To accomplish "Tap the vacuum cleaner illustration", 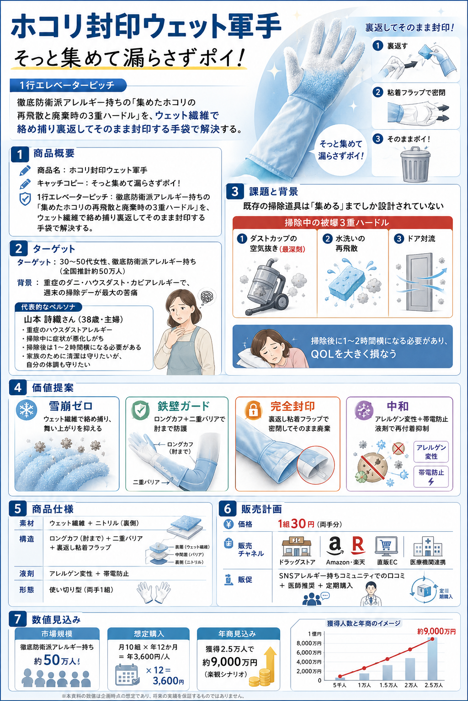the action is tap(266, 286).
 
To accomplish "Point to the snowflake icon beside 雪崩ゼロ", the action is tap(27, 410).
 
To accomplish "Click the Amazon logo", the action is tap(335, 546).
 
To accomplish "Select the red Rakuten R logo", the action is tap(358, 545).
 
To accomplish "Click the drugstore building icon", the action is tap(297, 547).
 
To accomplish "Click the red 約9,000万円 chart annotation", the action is tap(436, 632).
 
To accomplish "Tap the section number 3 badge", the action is tap(235, 191).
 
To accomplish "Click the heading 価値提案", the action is tap(53, 388).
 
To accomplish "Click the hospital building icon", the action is tap(428, 546).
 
